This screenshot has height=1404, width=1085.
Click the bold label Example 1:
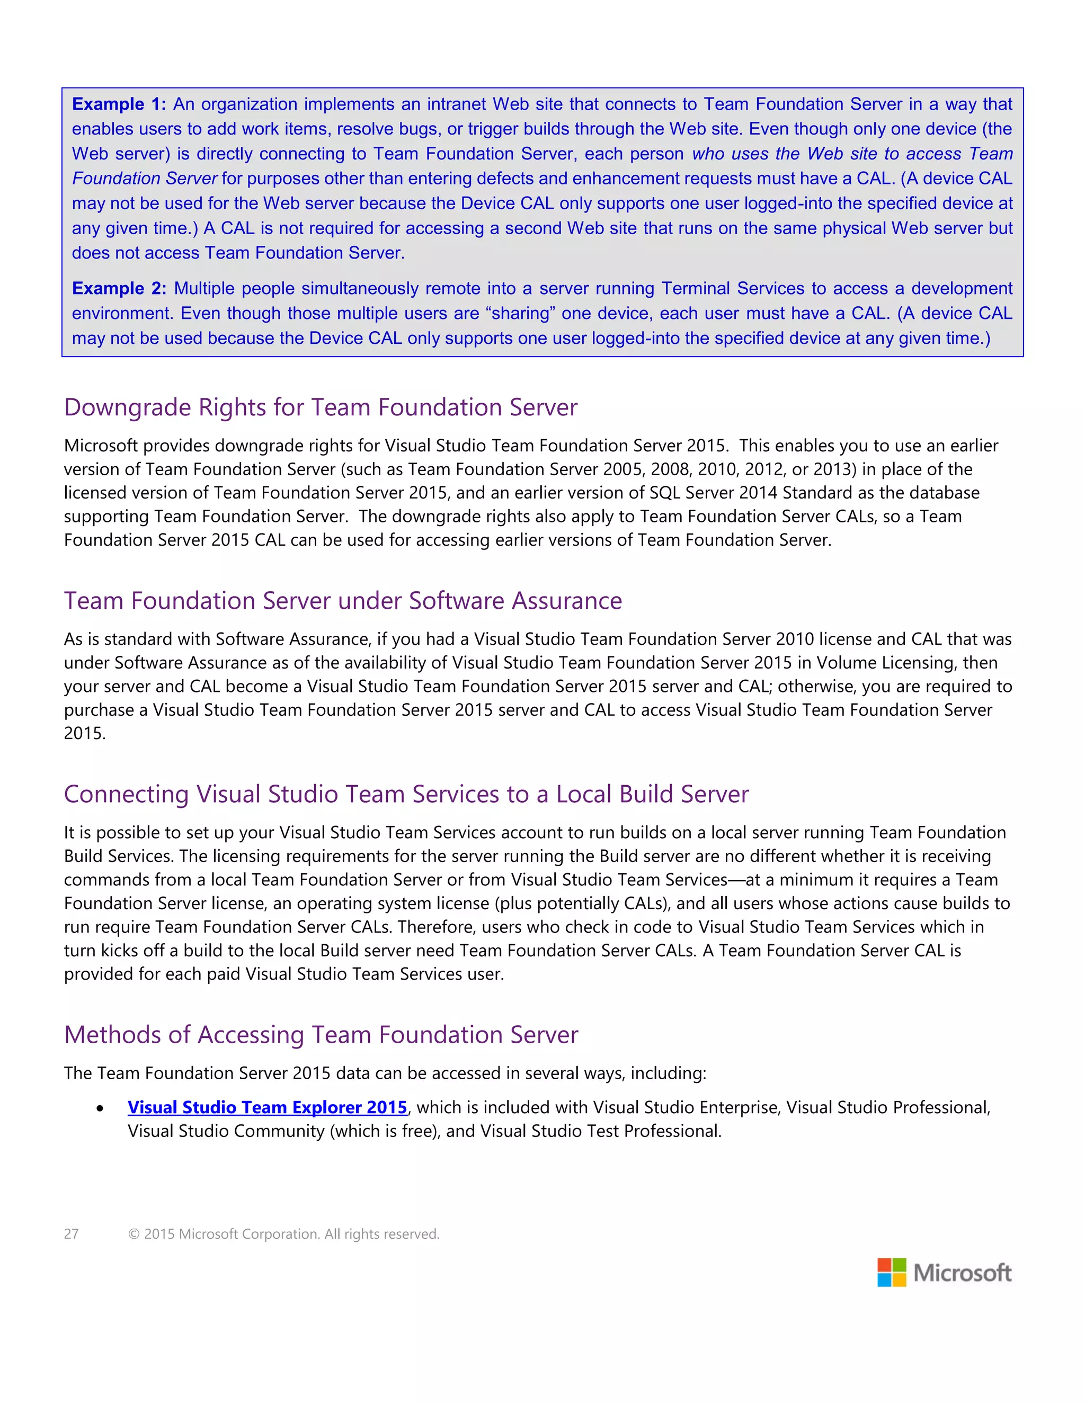(119, 104)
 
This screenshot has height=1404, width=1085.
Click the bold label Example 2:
(119, 289)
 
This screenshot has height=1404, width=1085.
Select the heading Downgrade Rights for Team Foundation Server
(321, 407)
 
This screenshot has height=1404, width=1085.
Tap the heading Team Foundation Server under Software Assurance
(343, 601)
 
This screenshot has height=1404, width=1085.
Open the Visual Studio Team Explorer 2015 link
(268, 1108)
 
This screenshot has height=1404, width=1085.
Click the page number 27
(72, 1233)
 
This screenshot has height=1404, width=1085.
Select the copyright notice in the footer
(283, 1233)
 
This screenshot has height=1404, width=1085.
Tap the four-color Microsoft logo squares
(892, 1273)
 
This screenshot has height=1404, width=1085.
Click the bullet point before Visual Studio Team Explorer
(100, 1108)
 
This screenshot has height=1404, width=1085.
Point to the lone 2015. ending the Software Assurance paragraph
(84, 733)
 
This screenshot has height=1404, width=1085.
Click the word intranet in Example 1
(457, 104)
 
